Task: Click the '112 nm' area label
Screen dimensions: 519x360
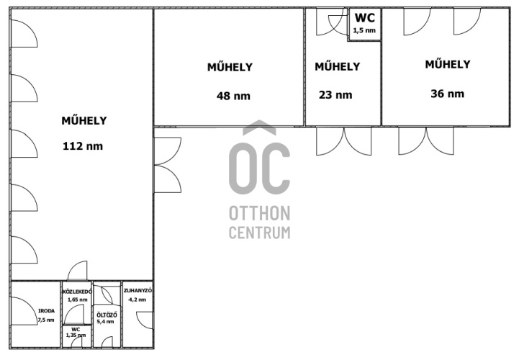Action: coord(83,146)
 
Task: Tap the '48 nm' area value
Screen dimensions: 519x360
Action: coord(233,96)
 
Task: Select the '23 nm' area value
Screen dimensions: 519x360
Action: coord(335,95)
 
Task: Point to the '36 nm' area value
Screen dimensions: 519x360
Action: coord(447,94)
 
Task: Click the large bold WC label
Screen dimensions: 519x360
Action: coord(365,17)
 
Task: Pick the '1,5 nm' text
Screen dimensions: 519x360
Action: coord(364,30)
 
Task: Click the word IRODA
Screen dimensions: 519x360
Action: coord(46,311)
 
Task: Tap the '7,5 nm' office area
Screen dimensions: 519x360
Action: coord(46,320)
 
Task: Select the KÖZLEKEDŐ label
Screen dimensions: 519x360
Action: coord(77,292)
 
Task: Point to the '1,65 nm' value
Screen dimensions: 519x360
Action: coord(78,300)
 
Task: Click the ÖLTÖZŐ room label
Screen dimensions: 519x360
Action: coord(107,315)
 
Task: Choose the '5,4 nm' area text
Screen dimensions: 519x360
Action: coord(105,322)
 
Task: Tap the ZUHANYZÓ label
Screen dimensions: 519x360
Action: coord(138,291)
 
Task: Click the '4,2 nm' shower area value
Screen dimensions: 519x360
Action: coord(137,300)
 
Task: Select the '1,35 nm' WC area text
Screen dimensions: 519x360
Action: coord(76,336)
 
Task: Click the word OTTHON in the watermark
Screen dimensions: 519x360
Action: coord(260,213)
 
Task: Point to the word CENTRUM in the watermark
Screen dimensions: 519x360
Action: coord(260,233)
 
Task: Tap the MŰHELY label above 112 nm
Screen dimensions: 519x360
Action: coord(84,120)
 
